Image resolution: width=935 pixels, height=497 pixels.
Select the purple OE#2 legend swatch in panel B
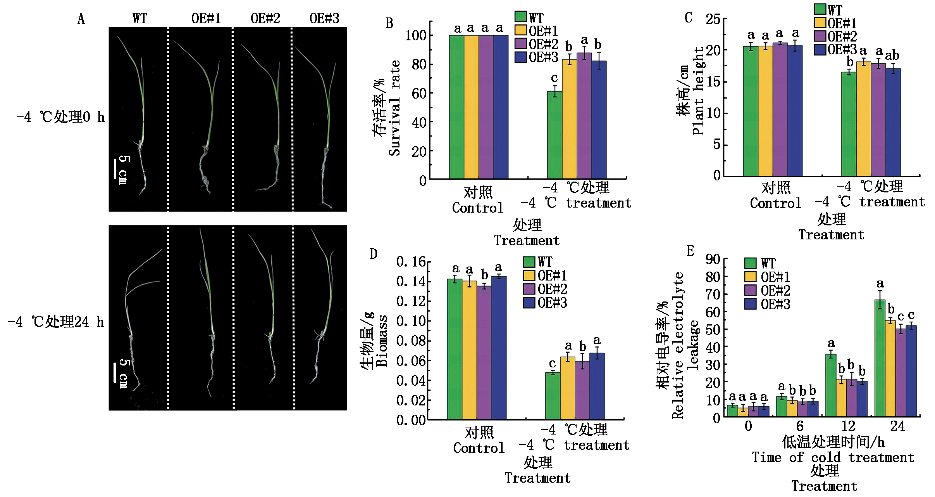520,43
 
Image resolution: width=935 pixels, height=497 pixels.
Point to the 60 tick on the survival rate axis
419,94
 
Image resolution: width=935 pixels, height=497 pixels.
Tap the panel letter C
688,18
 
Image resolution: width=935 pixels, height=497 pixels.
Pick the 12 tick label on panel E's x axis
848,426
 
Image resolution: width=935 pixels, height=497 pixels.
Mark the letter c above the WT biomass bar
552,364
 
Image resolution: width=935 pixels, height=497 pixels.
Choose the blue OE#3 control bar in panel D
499,348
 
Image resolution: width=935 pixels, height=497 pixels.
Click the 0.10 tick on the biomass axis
411,321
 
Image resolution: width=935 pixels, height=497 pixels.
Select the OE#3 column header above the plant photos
324,18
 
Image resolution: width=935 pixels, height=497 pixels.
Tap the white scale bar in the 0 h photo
115,168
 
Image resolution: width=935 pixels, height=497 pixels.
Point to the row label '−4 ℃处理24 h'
56,322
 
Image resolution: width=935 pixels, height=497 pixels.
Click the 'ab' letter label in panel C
892,55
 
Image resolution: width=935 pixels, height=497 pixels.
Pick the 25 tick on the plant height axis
713,19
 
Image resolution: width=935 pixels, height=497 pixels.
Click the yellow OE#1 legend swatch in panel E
751,277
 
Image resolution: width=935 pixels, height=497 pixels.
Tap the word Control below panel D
479,448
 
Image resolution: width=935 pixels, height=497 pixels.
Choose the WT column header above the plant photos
139,18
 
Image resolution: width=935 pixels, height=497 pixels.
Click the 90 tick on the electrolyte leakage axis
713,259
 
